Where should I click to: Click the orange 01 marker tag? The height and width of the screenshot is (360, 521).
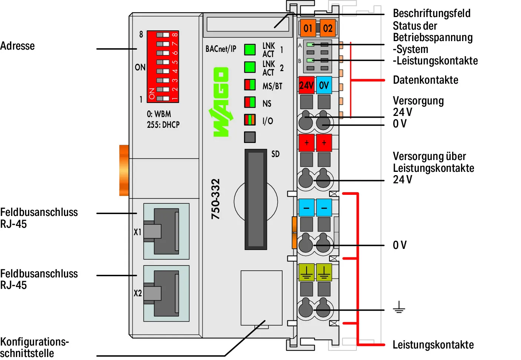click(308, 28)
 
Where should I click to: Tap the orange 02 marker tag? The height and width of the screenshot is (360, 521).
click(328, 28)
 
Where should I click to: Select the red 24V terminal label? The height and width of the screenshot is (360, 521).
click(307, 85)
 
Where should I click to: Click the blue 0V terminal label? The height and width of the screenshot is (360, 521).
click(324, 85)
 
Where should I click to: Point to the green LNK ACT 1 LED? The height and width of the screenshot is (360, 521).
click(250, 49)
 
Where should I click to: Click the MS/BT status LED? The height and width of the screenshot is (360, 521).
click(250, 84)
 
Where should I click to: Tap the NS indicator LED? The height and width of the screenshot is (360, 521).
click(250, 102)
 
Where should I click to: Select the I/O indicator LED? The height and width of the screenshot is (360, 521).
click(250, 120)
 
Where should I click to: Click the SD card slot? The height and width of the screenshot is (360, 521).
click(256, 199)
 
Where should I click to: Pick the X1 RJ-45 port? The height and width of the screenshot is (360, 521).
click(166, 231)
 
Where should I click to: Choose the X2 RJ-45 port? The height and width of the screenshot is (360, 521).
click(166, 293)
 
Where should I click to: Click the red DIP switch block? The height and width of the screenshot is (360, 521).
click(163, 67)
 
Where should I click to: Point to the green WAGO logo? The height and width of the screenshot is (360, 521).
click(221, 102)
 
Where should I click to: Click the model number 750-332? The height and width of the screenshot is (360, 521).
click(216, 199)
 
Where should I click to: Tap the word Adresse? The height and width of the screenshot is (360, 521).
click(17, 46)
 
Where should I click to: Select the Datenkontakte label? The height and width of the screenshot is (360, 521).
click(425, 80)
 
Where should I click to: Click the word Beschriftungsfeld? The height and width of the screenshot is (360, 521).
click(431, 13)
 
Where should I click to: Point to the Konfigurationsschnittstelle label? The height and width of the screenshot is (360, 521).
click(34, 347)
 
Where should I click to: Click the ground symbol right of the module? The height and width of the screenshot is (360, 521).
click(399, 307)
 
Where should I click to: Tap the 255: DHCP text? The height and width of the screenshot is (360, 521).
click(163, 125)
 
